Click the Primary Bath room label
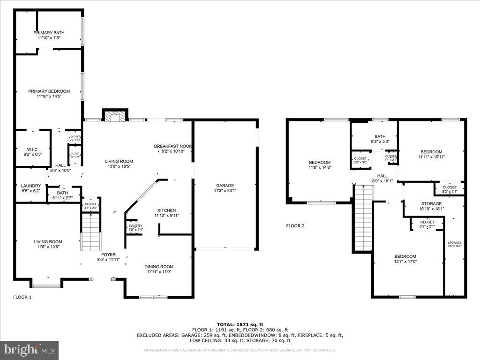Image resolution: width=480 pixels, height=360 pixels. click(x=49, y=35)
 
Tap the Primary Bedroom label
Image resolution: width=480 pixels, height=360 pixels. click(x=49, y=94)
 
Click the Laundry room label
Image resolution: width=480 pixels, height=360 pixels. click(x=31, y=188)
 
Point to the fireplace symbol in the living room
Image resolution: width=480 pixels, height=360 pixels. click(x=115, y=116)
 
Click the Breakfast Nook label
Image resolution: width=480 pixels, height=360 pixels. click(x=173, y=149)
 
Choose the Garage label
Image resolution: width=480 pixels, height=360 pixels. click(x=225, y=188)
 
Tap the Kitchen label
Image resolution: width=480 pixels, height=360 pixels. click(x=166, y=213)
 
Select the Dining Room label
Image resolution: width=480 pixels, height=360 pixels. click(x=159, y=269)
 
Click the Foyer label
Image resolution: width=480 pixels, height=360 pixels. click(x=106, y=257)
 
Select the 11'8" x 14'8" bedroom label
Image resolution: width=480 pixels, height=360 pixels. click(x=320, y=165)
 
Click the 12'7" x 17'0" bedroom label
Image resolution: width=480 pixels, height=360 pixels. click(x=405, y=259)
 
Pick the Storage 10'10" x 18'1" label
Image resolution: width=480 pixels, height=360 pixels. click(x=431, y=206)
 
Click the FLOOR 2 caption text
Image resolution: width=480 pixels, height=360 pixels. click(x=295, y=226)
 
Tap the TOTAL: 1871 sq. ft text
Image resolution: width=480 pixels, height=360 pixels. click(x=240, y=324)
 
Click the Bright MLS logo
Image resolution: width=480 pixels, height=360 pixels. click(x=29, y=350)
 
